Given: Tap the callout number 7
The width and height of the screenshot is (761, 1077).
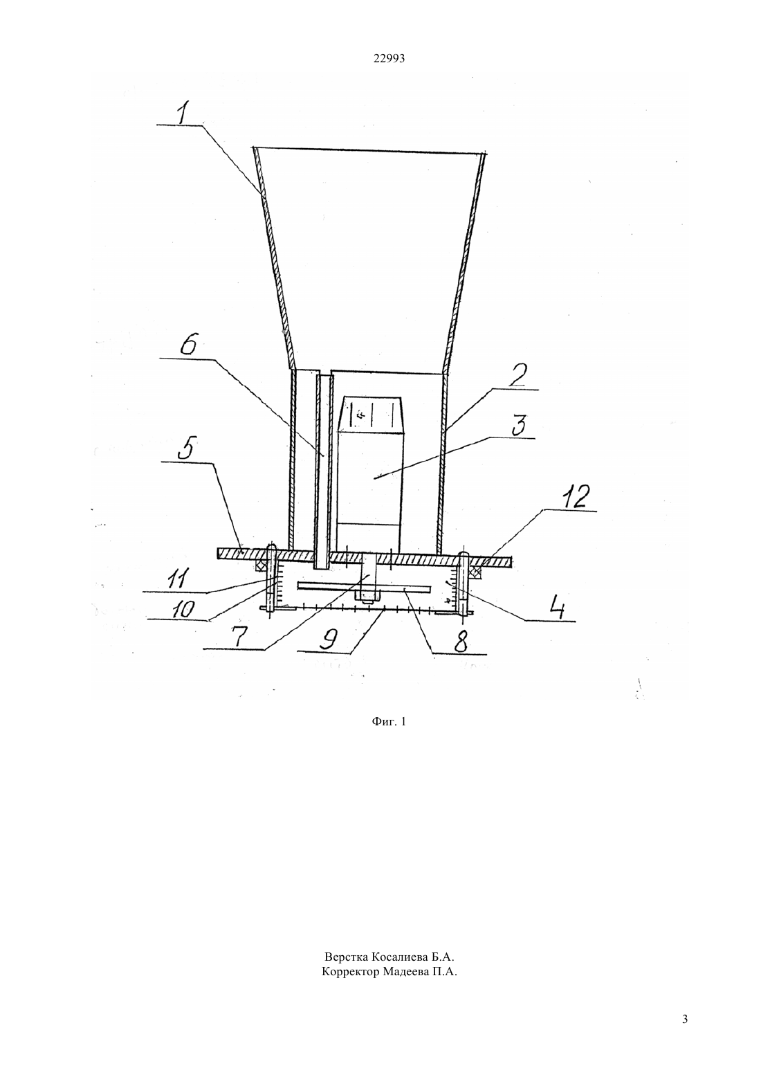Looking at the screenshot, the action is point(239,638).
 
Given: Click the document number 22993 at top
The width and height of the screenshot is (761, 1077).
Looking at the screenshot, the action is point(389,59).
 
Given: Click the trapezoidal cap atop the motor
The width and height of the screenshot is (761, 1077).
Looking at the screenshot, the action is point(370,415).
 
